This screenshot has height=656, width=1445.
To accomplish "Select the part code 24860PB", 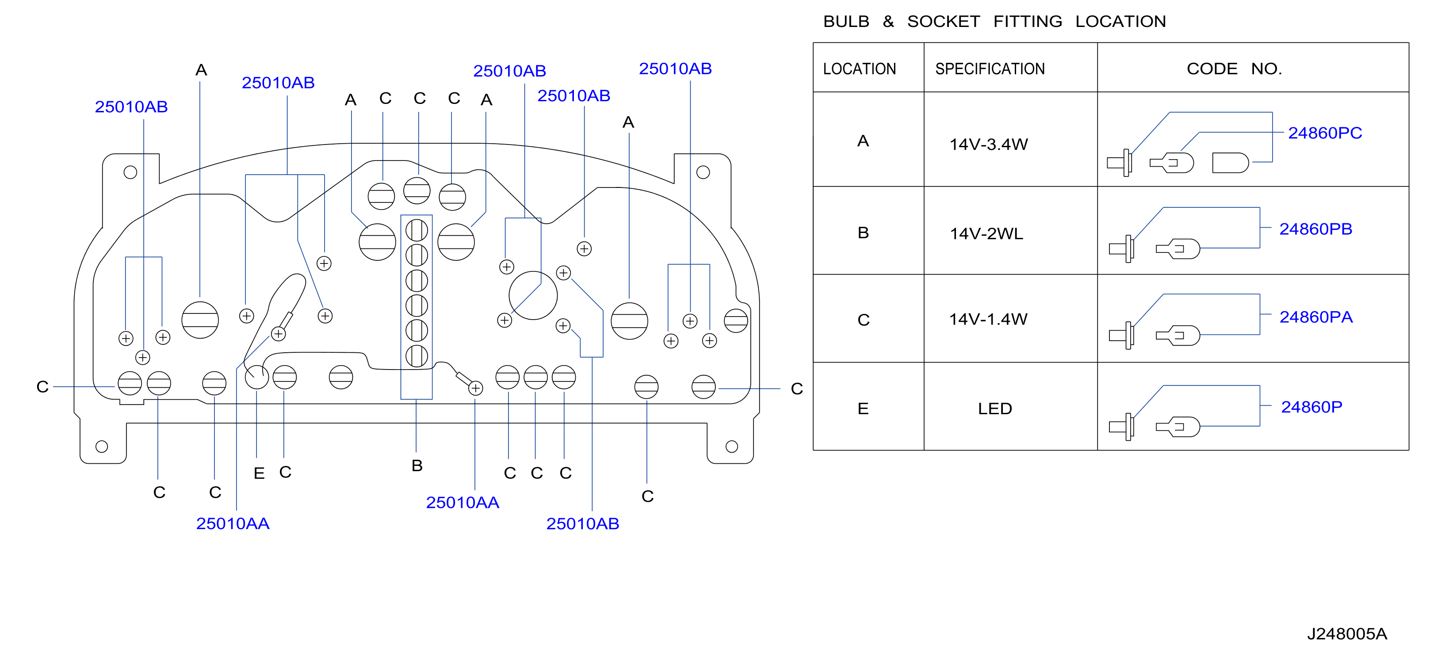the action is [1315, 229].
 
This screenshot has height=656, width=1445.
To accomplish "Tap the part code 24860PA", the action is [1316, 317].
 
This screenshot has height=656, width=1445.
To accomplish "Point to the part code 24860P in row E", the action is [1311, 407].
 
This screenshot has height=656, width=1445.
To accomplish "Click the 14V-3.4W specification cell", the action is [988, 144].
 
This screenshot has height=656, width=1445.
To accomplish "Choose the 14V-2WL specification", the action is [986, 233].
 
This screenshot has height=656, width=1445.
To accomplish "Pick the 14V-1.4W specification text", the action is [988, 319].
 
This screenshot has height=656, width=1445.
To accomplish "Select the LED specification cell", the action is [994, 408].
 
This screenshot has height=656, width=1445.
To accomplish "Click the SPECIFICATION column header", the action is [990, 69].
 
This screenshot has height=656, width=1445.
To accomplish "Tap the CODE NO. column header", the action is [1234, 69].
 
